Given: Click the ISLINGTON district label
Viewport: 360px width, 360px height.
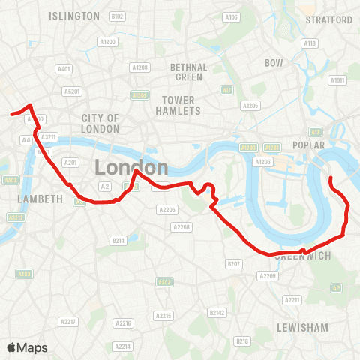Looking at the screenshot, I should (73, 16).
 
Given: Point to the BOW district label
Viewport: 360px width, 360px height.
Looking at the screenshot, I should (274, 63).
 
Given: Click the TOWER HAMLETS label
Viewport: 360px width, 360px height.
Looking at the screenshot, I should (178, 105).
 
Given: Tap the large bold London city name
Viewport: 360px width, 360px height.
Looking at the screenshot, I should (131, 167).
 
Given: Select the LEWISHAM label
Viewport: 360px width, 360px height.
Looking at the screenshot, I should (302, 328).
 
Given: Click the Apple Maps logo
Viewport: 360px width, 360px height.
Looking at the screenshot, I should (27, 347).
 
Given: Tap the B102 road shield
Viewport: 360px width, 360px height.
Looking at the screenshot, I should (116, 15).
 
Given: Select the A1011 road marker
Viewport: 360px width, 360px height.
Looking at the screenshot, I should (337, 79).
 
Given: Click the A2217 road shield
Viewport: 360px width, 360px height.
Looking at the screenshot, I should (69, 322).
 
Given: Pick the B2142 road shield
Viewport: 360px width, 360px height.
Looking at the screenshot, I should (217, 311).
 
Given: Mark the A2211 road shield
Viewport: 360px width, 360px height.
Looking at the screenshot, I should (292, 300).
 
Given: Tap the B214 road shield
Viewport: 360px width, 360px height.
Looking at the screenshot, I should (118, 241).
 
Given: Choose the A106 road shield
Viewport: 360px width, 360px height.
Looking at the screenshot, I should (232, 17).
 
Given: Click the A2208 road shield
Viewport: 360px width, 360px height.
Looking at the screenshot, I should (181, 226).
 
